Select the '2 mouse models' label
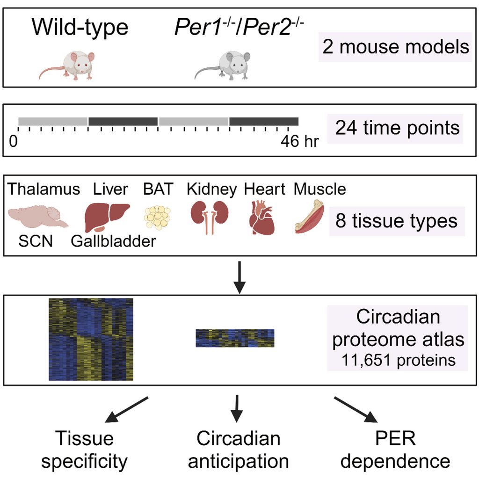coord(395,47)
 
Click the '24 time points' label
coord(398,127)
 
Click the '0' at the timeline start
coord(14,141)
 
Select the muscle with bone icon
coord(311,218)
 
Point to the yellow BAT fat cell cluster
coord(156,217)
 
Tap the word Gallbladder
coord(113,242)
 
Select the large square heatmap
coord(91,339)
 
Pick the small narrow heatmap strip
coord(235,338)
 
